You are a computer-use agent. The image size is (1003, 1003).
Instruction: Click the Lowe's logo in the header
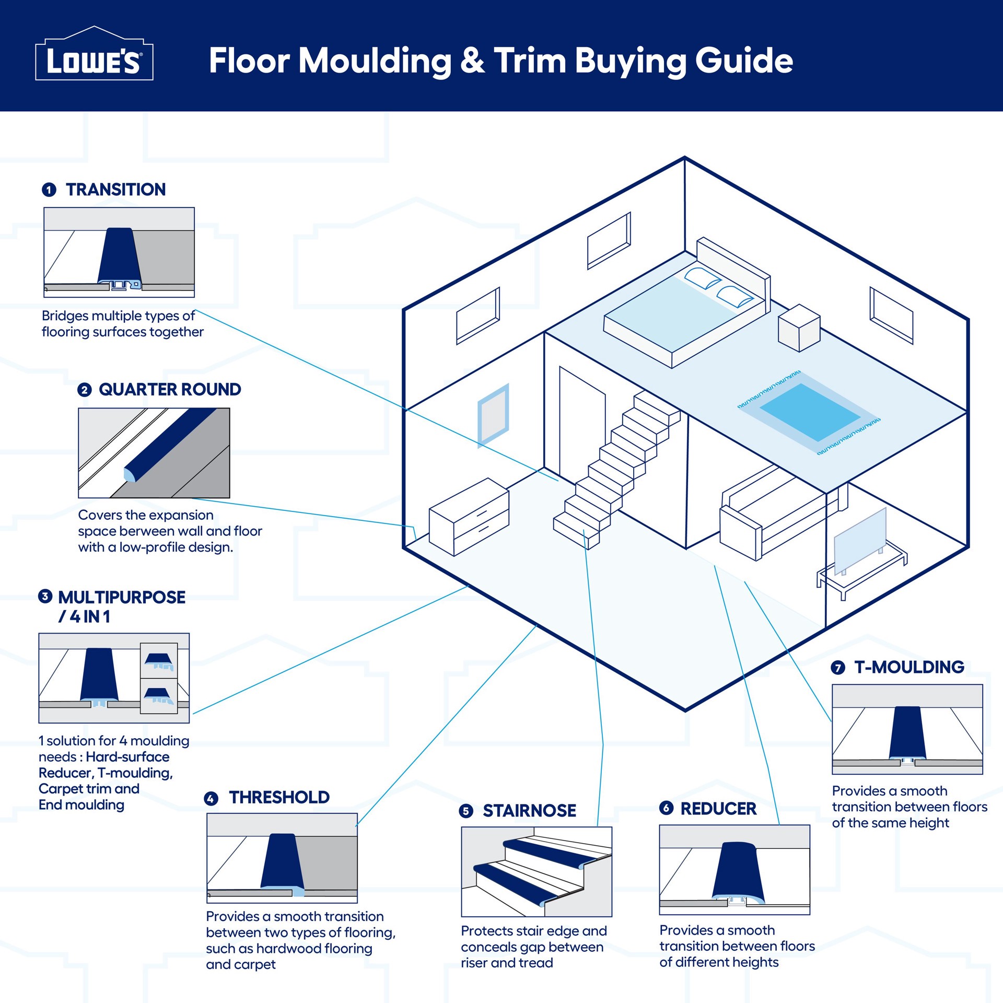coord(94,59)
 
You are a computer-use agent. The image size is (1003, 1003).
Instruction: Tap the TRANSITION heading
coord(115,189)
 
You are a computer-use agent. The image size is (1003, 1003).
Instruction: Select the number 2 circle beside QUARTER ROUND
coord(85,390)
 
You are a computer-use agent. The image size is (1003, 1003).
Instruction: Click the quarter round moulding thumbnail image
coord(154,452)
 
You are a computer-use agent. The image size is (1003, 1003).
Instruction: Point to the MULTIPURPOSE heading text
coord(121,597)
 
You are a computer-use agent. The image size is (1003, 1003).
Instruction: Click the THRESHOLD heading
coord(279,798)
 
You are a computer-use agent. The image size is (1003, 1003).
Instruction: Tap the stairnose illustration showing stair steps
coord(536,871)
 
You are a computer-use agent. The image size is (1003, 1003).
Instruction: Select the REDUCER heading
coord(718,809)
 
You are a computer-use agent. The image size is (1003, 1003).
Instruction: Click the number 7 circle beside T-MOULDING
coord(838,668)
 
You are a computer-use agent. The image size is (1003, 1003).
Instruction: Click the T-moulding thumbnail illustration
coord(907,729)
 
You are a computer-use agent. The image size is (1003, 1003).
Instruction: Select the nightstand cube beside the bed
coord(799,328)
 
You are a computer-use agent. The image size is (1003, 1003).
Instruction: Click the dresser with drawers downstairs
coord(469,517)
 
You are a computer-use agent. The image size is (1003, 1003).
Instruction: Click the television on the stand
coord(860,541)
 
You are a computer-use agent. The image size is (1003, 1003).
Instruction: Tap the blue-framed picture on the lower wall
coord(493,415)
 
